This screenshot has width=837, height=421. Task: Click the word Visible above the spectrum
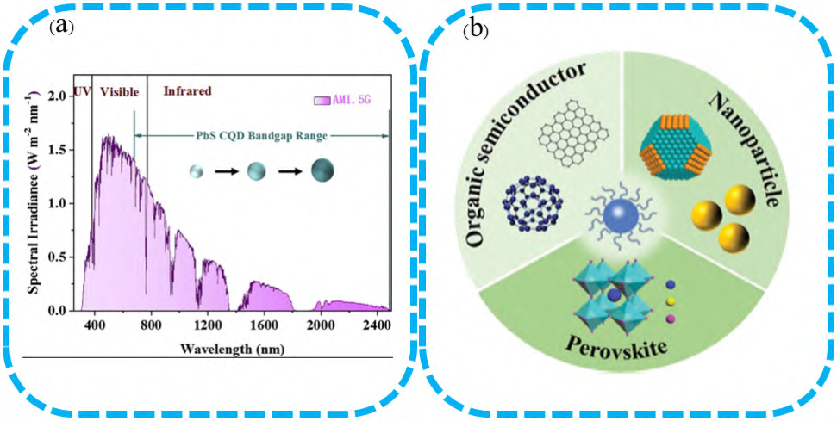120,91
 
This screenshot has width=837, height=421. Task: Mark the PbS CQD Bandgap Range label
260,136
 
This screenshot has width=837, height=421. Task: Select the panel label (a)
60,27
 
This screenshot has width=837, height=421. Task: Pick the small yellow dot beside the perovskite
671,302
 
